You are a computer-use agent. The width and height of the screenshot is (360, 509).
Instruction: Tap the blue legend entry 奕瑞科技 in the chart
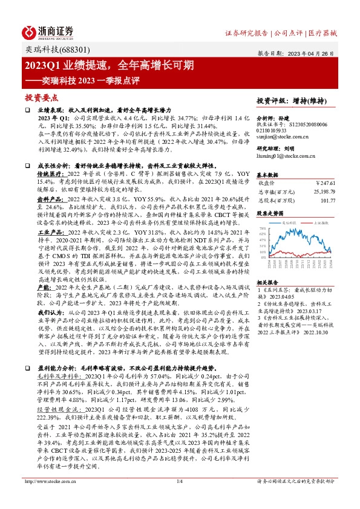coord(292,223)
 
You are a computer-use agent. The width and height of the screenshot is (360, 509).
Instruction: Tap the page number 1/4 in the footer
coord(179,498)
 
